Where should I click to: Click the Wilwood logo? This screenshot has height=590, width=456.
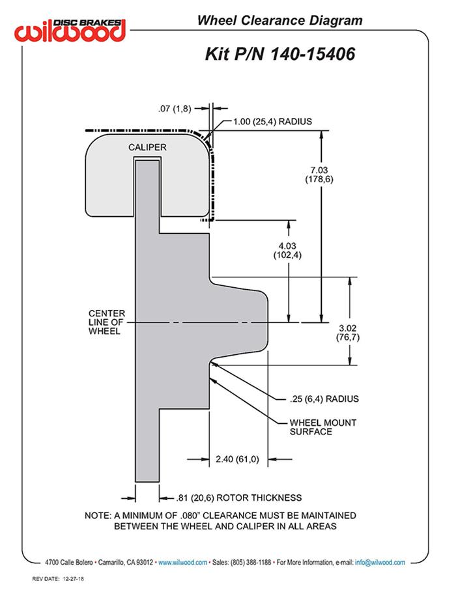click(x=72, y=29)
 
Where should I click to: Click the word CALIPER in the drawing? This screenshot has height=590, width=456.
click(x=147, y=147)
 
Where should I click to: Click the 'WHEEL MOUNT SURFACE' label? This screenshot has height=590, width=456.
click(x=322, y=427)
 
